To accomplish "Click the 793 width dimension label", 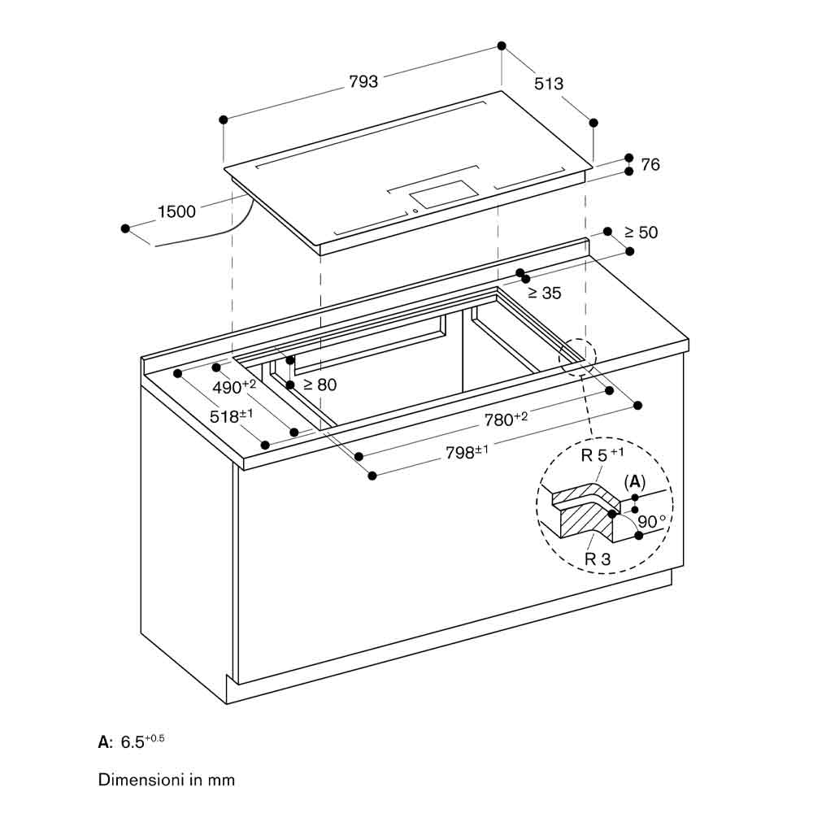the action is [363, 81].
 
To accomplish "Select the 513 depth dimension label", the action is [549, 84].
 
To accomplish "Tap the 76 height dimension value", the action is [650, 164].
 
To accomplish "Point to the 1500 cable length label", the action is [176, 211].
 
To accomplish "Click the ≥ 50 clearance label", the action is [641, 233].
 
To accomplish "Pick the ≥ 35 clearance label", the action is [545, 293].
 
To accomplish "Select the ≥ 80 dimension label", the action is [320, 385].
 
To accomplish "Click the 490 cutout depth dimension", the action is [234, 386].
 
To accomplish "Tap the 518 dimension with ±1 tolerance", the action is [231, 415].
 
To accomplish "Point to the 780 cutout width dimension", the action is [506, 419].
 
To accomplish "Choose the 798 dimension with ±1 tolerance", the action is [467, 452].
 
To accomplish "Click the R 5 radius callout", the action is [602, 454].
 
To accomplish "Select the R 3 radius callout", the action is [598, 559].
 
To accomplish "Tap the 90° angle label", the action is [652, 521].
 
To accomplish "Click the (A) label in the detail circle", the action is [635, 482].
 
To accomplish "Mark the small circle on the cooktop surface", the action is [415, 211].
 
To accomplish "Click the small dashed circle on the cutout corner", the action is [577, 357].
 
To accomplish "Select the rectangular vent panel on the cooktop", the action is [444, 194].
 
